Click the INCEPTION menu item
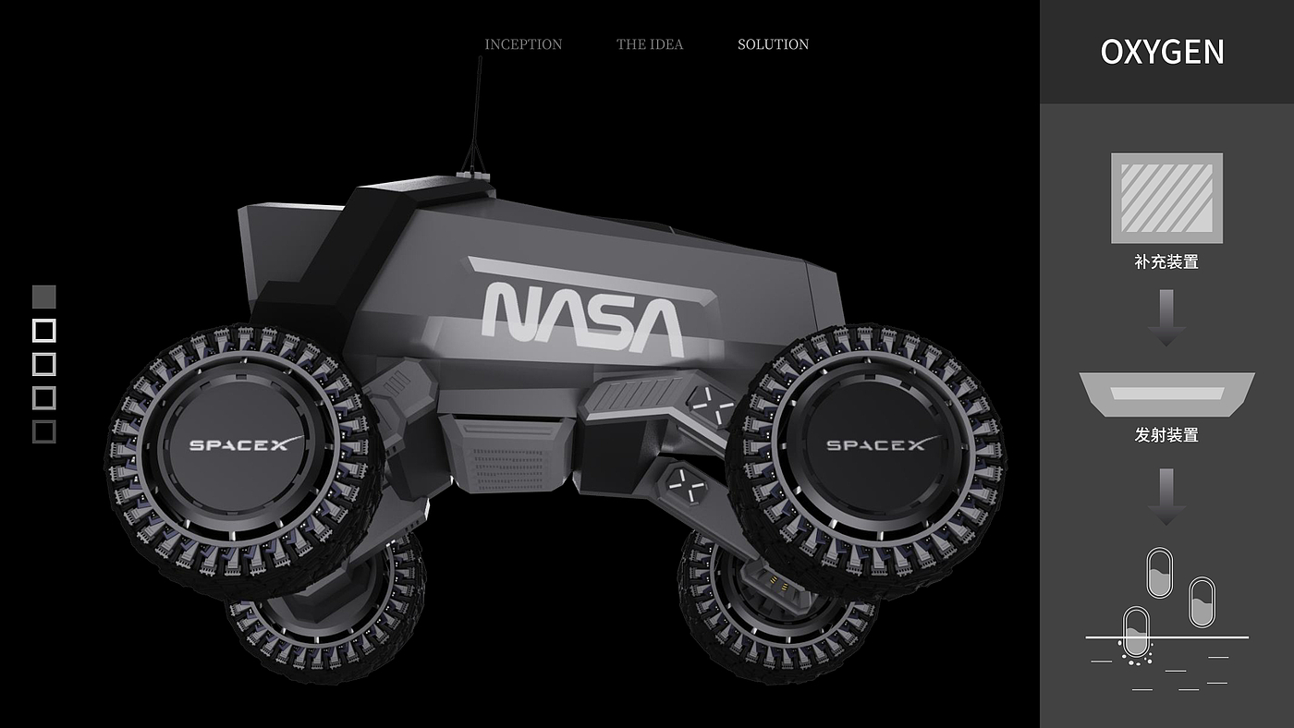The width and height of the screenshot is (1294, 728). (523, 44)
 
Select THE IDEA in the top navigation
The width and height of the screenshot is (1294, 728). (649, 44)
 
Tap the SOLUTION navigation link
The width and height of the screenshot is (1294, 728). (773, 44)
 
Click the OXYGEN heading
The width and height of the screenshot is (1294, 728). (1162, 52)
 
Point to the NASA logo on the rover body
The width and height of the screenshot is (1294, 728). (583, 319)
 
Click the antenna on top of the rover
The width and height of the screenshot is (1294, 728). (475, 115)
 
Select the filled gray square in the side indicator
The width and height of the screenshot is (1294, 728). (44, 297)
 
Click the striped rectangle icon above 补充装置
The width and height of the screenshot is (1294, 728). (1166, 198)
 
